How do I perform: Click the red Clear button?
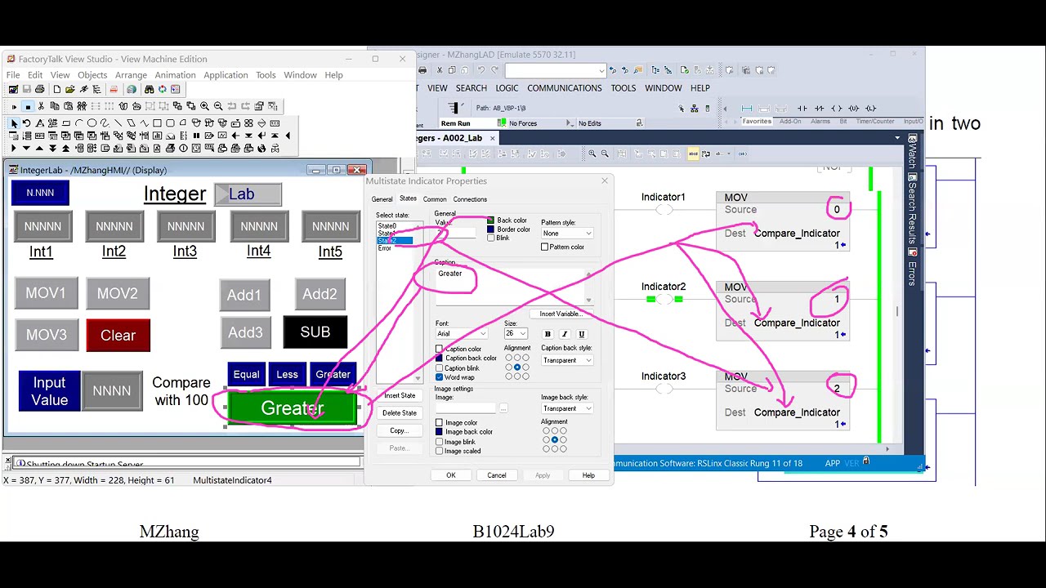(x=118, y=336)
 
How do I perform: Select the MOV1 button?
(x=46, y=293)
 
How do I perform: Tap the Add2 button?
(x=320, y=294)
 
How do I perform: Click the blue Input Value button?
(x=49, y=391)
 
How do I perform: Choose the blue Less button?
(x=287, y=374)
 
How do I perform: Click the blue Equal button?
(x=246, y=374)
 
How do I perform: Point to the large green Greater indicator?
(x=293, y=408)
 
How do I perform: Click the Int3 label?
(x=185, y=252)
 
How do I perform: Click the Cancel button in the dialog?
(x=497, y=475)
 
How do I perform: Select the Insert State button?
(x=400, y=395)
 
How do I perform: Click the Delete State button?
(x=400, y=412)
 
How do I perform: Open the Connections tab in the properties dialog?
(x=470, y=199)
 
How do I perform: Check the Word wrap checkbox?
(x=440, y=377)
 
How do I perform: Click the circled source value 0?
(x=837, y=210)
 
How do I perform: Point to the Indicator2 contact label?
(x=663, y=287)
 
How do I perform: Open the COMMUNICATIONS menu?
(x=564, y=88)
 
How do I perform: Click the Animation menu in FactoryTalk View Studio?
(x=175, y=75)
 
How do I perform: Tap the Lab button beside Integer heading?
(x=248, y=194)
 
